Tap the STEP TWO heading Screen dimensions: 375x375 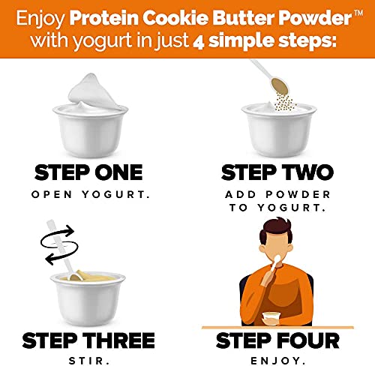click(x=277, y=172)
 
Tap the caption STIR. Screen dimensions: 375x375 click(x=89, y=360)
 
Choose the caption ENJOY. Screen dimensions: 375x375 click(x=277, y=360)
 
